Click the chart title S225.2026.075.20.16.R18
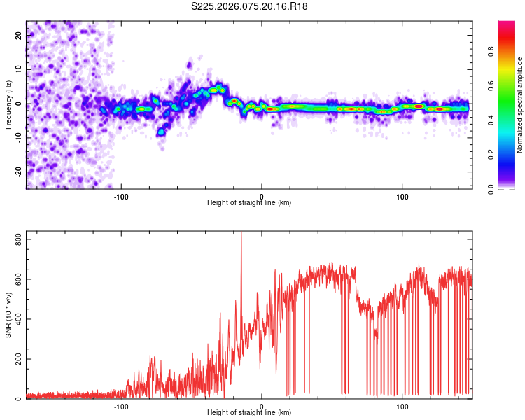pyautogui.click(x=250, y=6)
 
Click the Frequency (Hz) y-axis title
pyautogui.click(x=8, y=105)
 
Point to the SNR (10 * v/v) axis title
pyautogui.click(x=8, y=315)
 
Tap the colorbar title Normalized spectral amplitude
pyautogui.click(x=520, y=105)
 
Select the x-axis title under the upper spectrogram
pyautogui.click(x=249, y=202)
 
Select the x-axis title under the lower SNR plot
pyautogui.click(x=249, y=413)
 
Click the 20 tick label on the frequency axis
pyautogui.click(x=19, y=36)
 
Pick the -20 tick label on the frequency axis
pyautogui.click(x=17, y=171)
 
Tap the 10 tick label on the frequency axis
pyautogui.click(x=19, y=70)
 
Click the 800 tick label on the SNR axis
pyautogui.click(x=16, y=239)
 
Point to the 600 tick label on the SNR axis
pyautogui.click(x=16, y=279)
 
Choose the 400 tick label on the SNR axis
pyautogui.click(x=16, y=319)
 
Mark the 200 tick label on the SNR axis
pyautogui.click(x=16, y=359)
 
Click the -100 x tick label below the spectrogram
pyautogui.click(x=121, y=195)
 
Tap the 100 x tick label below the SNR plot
pyautogui.click(x=402, y=406)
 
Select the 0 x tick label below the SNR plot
pyautogui.click(x=262, y=406)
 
